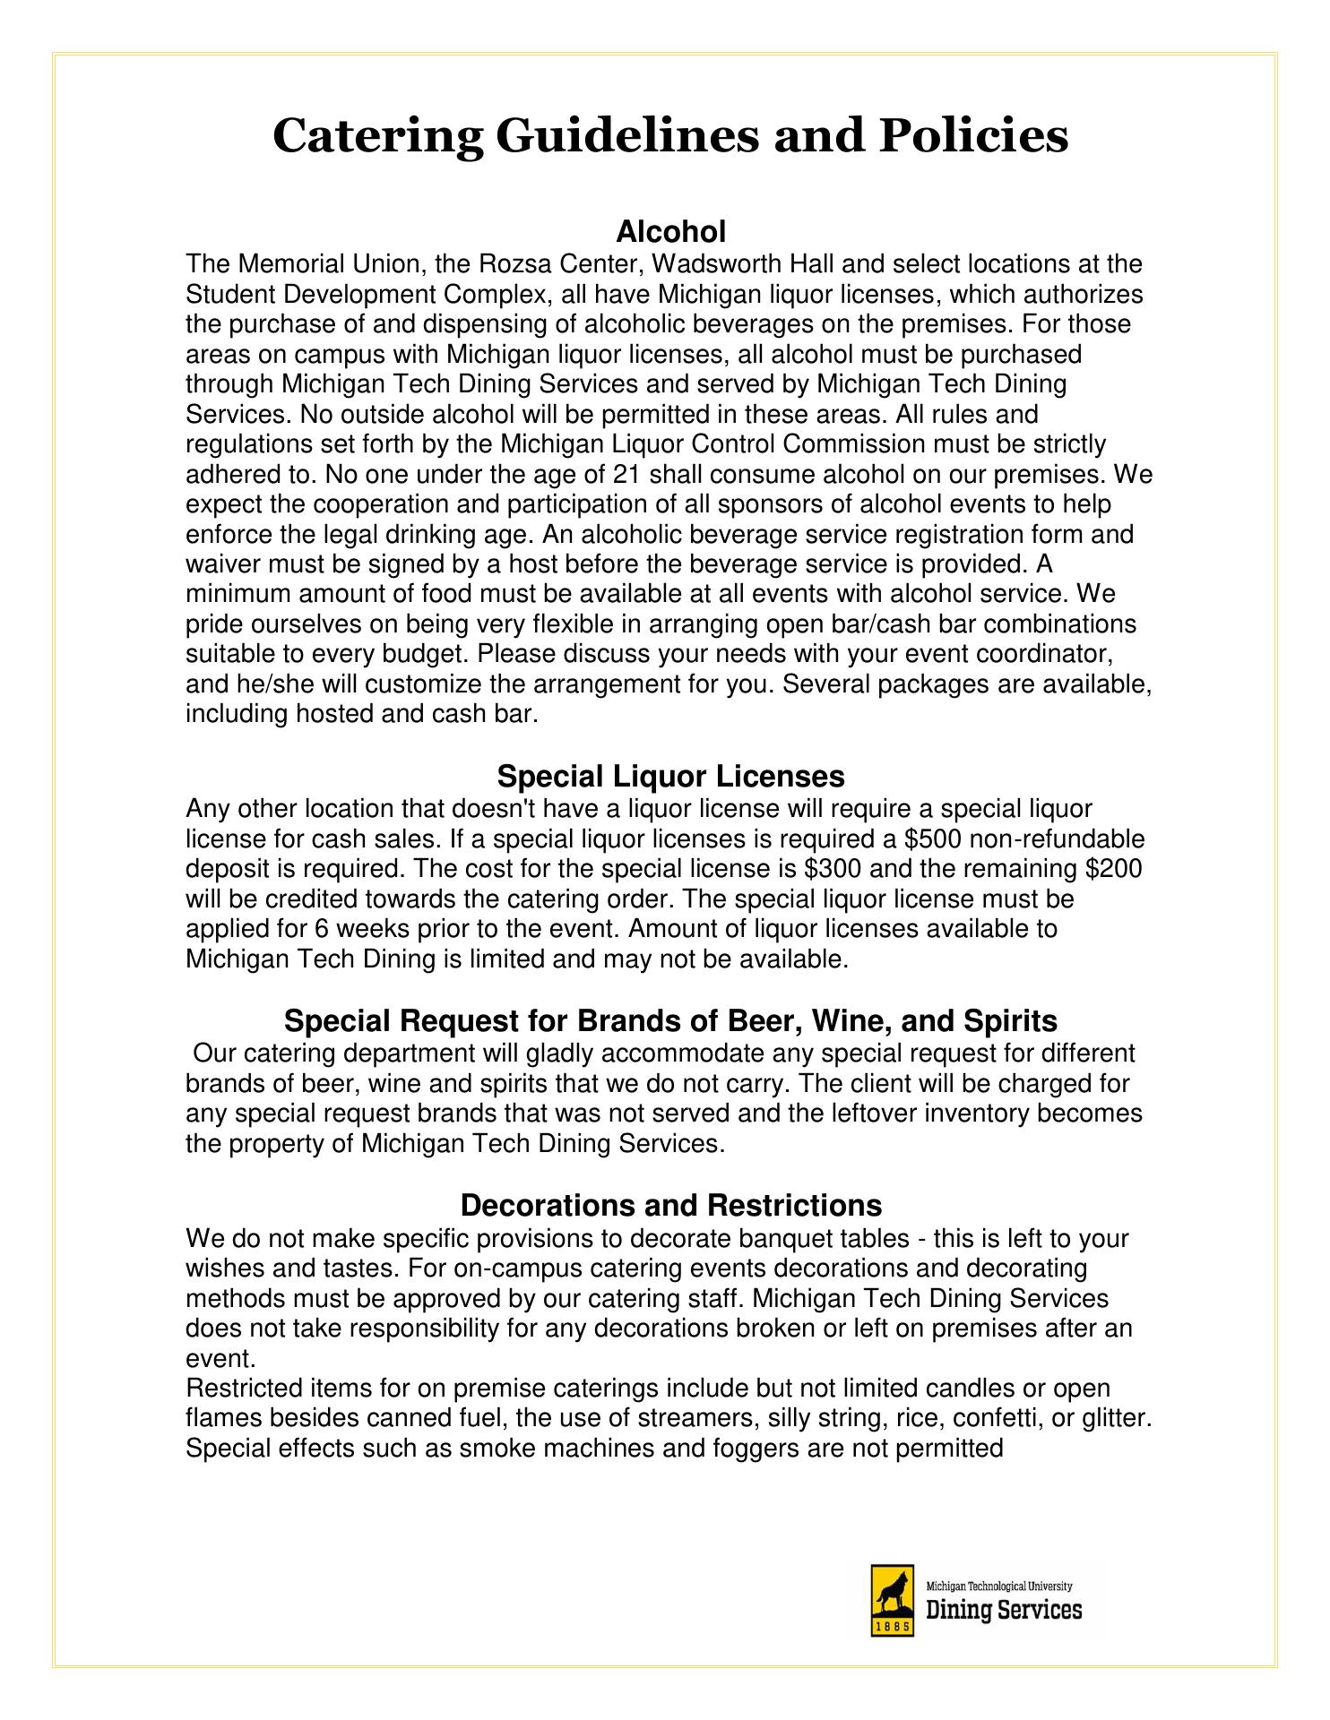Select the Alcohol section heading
[670, 232]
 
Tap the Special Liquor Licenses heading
[670, 775]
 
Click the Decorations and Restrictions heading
[670, 1205]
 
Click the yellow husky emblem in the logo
[892, 1589]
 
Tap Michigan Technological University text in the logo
[998, 1587]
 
